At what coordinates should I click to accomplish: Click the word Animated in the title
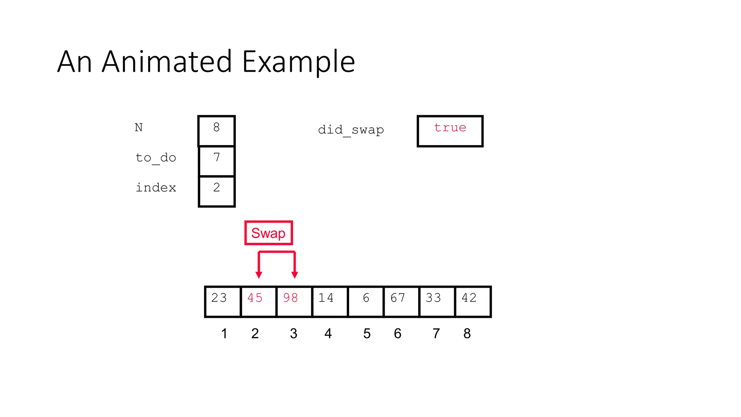(x=167, y=62)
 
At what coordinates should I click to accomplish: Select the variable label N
(x=139, y=127)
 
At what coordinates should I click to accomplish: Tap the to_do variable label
(x=156, y=158)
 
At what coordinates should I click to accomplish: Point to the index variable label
(x=156, y=188)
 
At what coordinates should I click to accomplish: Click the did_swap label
(x=351, y=130)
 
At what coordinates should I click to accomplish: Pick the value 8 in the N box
(x=216, y=127)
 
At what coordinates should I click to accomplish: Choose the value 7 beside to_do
(x=216, y=157)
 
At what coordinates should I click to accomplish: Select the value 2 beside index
(x=216, y=188)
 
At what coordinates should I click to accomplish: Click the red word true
(x=450, y=127)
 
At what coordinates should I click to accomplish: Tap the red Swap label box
(x=268, y=233)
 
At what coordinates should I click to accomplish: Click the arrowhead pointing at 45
(x=259, y=275)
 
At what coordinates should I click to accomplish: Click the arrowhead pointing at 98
(x=295, y=275)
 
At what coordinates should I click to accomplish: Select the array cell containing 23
(x=223, y=302)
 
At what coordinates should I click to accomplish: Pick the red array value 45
(x=255, y=298)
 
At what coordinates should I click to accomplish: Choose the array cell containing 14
(x=330, y=302)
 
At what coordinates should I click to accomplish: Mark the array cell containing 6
(x=365, y=302)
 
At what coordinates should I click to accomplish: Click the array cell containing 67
(x=401, y=302)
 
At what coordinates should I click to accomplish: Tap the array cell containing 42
(x=473, y=302)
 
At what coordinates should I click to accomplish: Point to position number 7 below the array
(x=436, y=333)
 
